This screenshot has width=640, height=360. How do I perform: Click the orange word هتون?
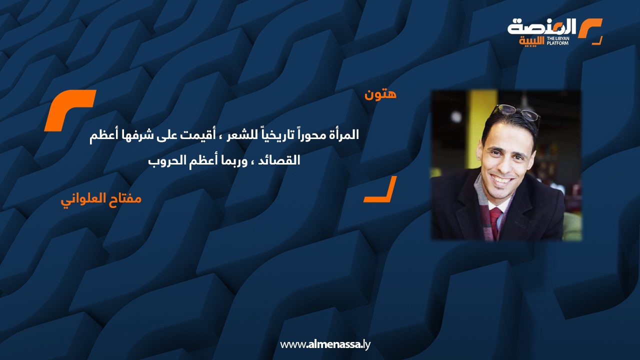pyautogui.click(x=381, y=94)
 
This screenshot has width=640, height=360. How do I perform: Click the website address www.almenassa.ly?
pyautogui.click(x=325, y=344)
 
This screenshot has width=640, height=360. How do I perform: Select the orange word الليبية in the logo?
pyautogui.click(x=531, y=40)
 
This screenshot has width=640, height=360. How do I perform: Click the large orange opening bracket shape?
pyautogui.click(x=69, y=110)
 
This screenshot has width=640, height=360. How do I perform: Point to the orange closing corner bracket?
pyautogui.click(x=380, y=189)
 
